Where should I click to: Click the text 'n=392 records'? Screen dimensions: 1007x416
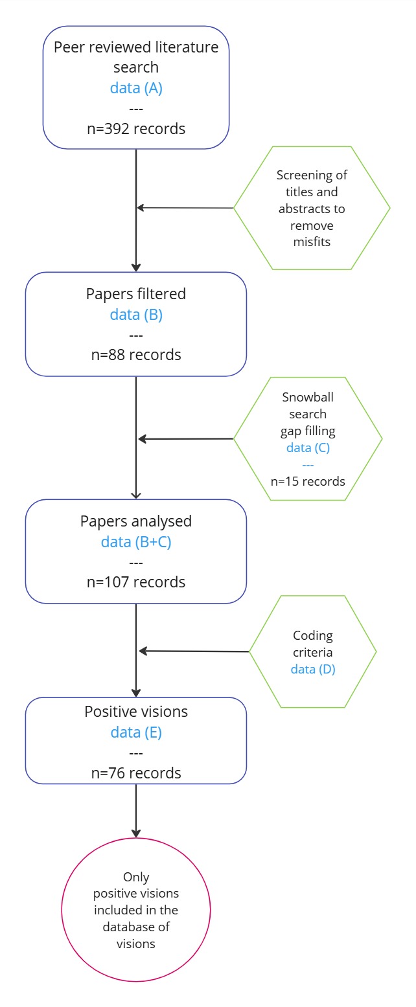[136, 129]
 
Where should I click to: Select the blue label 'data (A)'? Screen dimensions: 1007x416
[136, 88]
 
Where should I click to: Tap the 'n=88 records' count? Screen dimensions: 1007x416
[136, 355]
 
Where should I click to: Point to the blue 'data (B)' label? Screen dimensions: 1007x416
[136, 315]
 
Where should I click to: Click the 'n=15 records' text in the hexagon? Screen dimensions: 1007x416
[308, 481]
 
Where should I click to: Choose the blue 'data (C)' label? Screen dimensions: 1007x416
[308, 447]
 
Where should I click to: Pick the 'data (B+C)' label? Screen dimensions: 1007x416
[136, 542]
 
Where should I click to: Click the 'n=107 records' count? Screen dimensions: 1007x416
[136, 582]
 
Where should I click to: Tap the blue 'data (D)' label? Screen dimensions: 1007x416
[313, 669]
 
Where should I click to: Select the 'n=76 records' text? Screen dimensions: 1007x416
[136, 773]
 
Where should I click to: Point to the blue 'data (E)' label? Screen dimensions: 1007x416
[136, 732]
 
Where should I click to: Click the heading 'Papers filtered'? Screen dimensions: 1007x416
[136, 294]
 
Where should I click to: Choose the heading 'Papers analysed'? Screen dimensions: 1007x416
[136, 521]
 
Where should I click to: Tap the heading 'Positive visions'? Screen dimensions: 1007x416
[136, 712]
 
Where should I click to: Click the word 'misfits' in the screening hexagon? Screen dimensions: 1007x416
[312, 242]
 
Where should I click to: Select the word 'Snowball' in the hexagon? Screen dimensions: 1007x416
[308, 397]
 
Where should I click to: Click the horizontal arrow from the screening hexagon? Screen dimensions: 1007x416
[185, 208]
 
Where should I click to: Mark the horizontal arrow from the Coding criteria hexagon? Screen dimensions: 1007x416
[194, 651]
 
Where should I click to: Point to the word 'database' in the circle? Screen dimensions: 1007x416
[136, 927]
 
